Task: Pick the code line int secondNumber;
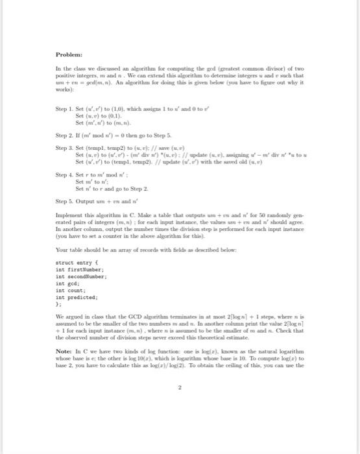coord(82,274)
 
